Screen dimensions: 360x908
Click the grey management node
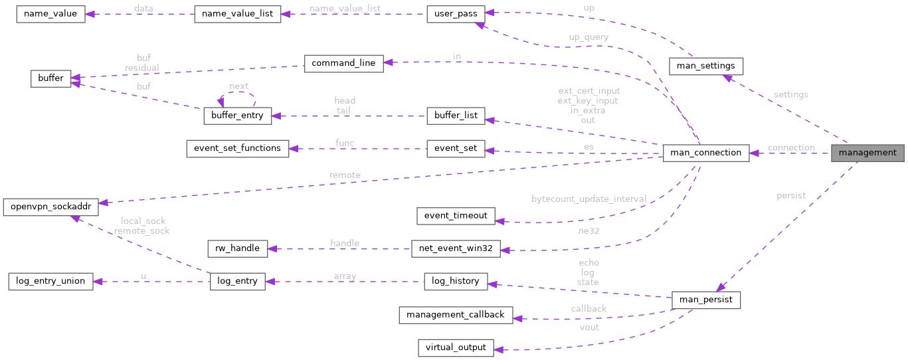867,153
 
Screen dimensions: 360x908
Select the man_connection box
706,153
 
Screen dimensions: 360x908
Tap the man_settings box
705,66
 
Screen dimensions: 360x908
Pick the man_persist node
706,300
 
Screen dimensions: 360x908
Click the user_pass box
456,14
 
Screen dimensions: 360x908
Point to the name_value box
50,14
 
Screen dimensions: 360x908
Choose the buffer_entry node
236,116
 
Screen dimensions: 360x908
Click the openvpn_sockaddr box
50,207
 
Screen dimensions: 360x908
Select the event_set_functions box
238,148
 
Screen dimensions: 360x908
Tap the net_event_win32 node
456,249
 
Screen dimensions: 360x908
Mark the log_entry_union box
50,281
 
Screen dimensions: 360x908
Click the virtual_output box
456,347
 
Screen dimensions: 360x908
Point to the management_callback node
456,314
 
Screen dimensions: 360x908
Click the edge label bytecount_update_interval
589,199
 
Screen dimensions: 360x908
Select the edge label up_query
589,37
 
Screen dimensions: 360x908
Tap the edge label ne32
589,231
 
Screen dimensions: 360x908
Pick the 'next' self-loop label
238,86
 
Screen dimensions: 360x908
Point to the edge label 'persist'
790,195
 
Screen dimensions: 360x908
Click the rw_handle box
237,249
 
